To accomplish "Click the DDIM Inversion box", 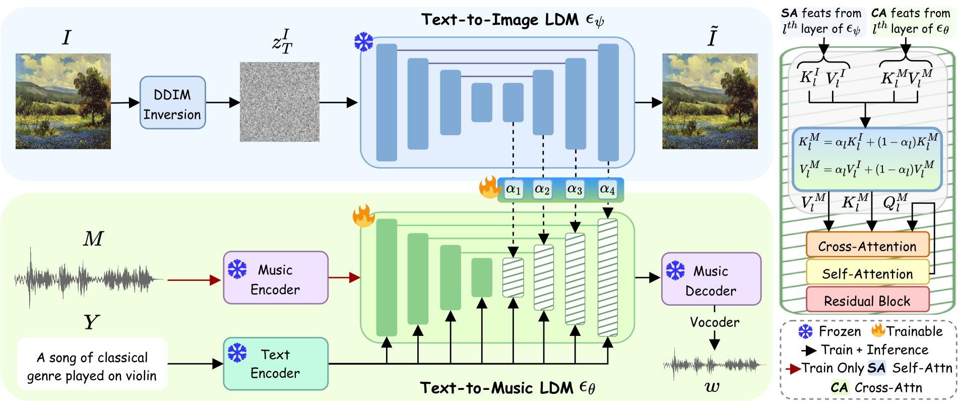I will coord(172,103).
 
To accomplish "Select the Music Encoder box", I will coord(276,278).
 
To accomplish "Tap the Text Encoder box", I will coord(276,364).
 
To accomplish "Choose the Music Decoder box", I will coord(711,279).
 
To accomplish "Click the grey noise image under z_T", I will coord(279,102).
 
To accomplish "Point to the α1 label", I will coord(513,190).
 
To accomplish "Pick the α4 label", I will coord(607,190).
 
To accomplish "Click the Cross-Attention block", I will coord(867,246).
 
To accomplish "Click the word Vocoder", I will coord(715,322).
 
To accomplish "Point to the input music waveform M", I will coord(88,278).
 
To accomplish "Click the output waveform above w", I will coord(713,364).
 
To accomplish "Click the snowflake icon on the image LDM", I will coord(363,42).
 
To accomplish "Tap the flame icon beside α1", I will coord(489,188).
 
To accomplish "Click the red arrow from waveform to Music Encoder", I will coord(194,280).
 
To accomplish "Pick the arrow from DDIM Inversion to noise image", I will coord(222,102).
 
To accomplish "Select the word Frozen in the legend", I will coord(840,331).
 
